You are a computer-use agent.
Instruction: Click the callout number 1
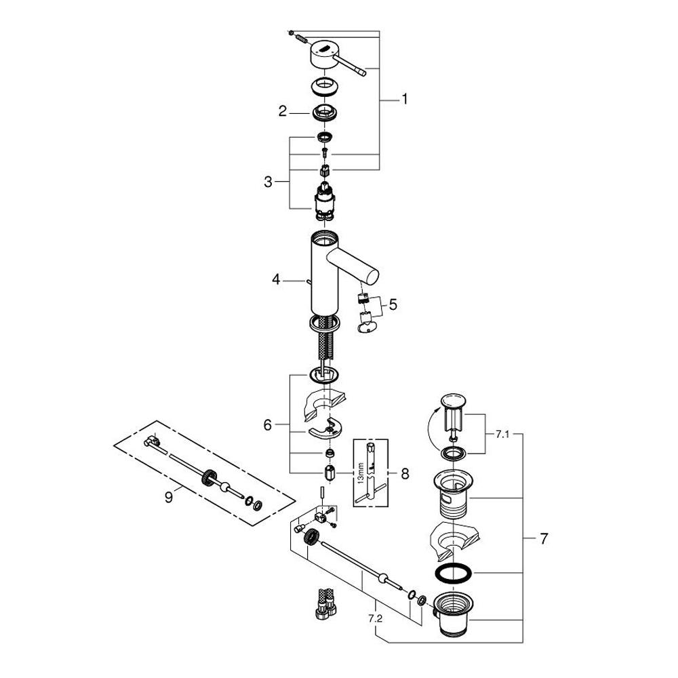coord(404,100)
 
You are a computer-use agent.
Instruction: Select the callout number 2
coord(282,112)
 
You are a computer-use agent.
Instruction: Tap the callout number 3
coord(268,182)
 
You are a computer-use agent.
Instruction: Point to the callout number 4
coord(277,280)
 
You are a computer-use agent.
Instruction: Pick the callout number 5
coord(393,304)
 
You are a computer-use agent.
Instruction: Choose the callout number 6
coord(268,425)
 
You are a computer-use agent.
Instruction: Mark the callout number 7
coord(544,538)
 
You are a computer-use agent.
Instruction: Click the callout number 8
coord(405,473)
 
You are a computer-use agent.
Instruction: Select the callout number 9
coord(169,497)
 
